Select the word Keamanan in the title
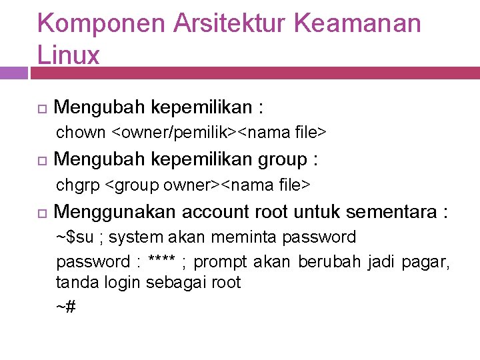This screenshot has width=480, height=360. pos(357,24)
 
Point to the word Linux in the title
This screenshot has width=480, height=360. pos(69,55)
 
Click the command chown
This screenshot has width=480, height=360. pos(81,133)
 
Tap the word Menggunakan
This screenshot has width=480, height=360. pos(113,212)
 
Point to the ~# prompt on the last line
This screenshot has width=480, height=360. pos(65,307)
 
